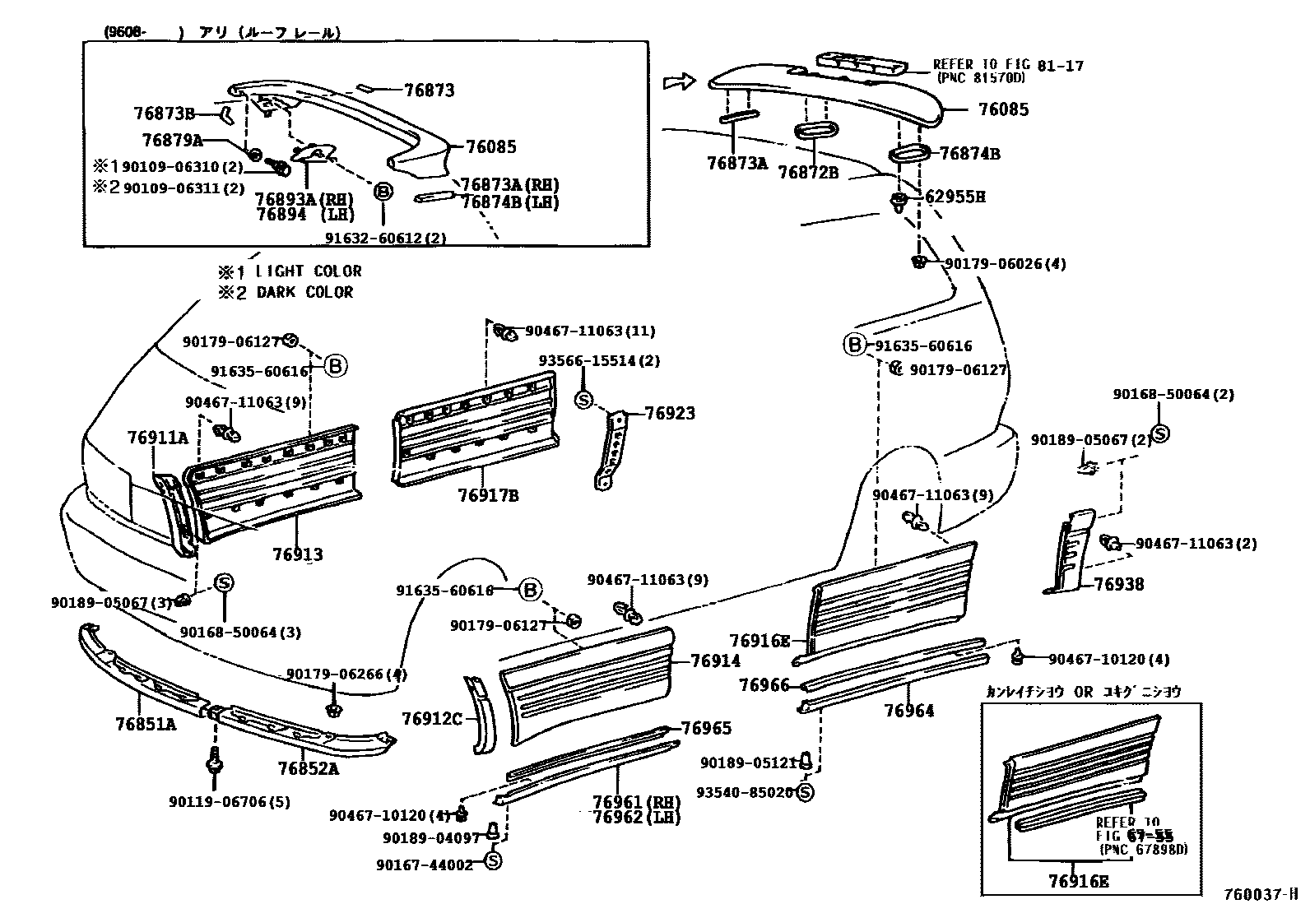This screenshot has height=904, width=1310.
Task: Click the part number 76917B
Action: pos(488,496)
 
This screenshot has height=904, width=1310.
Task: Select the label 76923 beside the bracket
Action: pos(669,413)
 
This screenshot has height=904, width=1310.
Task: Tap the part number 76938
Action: pos(1118,585)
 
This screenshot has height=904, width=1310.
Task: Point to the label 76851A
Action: pos(146,724)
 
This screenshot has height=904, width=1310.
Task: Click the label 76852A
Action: pos(308,768)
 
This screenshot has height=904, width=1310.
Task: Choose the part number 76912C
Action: pos(431,719)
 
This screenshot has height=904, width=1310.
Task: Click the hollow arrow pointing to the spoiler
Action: pos(679,81)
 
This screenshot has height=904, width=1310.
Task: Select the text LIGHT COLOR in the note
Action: pos(308,271)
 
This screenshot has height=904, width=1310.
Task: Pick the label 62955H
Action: pos(955,197)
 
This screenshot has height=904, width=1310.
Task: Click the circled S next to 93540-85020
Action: pos(805,792)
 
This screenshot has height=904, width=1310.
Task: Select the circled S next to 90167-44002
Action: pos(493,861)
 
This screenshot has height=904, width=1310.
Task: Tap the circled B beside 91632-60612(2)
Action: pos(383,192)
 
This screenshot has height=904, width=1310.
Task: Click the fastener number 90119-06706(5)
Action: pos(230,801)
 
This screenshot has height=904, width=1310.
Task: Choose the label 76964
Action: pos(909,711)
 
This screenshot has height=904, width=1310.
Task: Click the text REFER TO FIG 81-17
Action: pos(1008,65)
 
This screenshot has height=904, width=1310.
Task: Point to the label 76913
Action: pos(298,554)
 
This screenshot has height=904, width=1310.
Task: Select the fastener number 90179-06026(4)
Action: pos(1005,264)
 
